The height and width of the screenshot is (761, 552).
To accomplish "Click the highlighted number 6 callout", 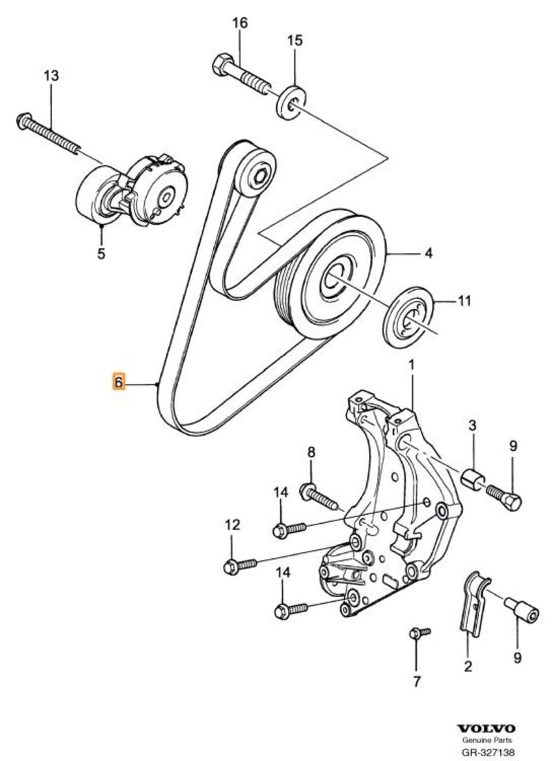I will pos(118,381).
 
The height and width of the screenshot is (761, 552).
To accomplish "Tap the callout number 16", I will pos(239,24).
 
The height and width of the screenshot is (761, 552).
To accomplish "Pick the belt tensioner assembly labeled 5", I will pos(131,190).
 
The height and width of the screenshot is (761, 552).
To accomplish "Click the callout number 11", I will pos(464,301).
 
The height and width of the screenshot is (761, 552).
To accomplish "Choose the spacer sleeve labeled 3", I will pos(472,477).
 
